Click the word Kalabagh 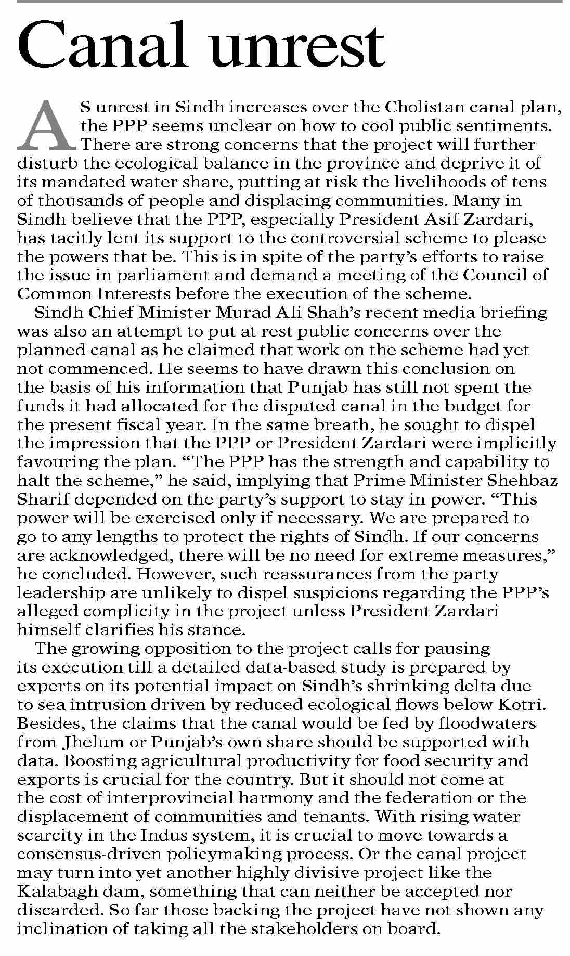tap(57, 892)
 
